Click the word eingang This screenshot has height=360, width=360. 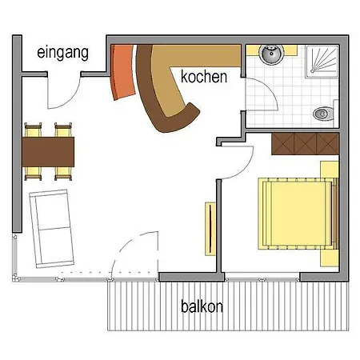tap(61, 53)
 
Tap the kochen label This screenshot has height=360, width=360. tap(204, 77)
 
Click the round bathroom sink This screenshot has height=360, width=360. tap(270, 55)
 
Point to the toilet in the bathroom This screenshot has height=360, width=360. tap(325, 113)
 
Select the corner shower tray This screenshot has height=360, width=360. tap(322, 60)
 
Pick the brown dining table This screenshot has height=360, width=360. tap(49, 150)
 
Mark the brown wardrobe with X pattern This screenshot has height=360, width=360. tap(305, 145)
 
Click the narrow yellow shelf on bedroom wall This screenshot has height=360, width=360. tap(210, 229)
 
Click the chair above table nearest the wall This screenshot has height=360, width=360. tap(33, 129)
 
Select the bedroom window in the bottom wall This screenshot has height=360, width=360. tap(262, 278)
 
